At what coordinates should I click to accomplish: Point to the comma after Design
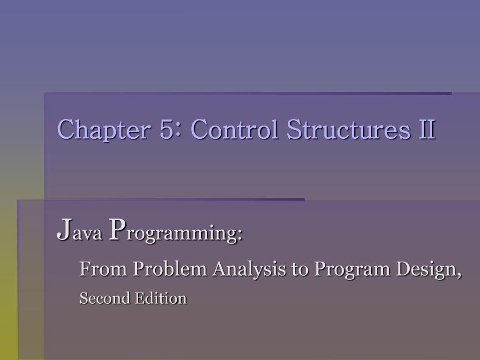pyautogui.click(x=459, y=274)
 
